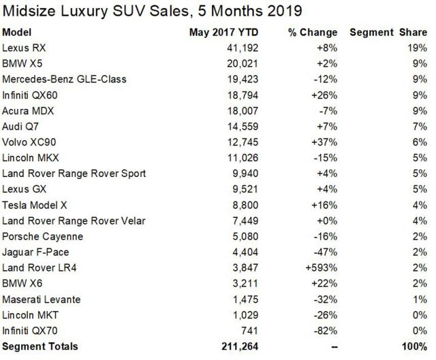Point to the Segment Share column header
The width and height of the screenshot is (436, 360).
[388, 33]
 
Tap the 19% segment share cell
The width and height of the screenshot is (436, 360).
[418, 48]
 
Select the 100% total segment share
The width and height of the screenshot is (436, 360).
[413, 347]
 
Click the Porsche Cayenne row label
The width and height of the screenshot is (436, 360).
[42, 236]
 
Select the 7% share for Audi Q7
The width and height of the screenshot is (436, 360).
[420, 126]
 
